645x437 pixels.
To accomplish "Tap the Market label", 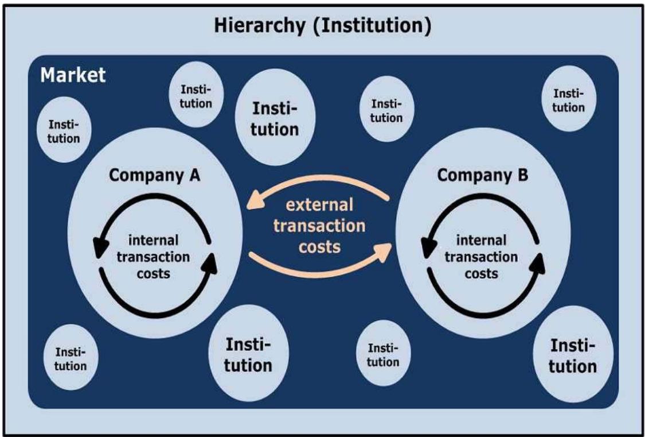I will click(72, 75).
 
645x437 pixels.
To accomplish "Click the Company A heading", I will click(154, 176).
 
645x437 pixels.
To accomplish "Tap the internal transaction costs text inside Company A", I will click(154, 256).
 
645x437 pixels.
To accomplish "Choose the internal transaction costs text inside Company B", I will click(482, 257).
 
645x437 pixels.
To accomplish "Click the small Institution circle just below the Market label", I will click(64, 132).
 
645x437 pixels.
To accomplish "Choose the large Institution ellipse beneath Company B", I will click(573, 356).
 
